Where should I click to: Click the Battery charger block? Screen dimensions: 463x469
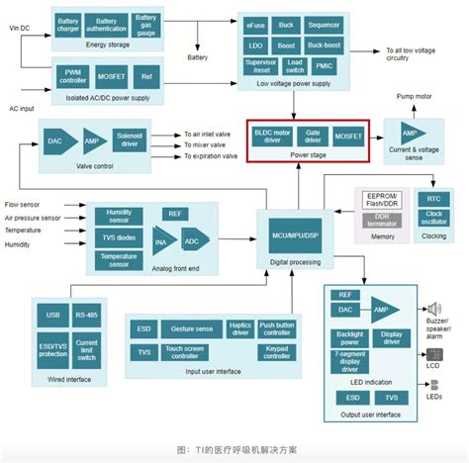68,24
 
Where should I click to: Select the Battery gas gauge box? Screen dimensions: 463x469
145,24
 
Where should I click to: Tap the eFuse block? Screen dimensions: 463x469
257,26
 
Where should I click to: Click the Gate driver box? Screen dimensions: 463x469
314,136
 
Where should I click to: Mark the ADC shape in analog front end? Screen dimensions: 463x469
192,239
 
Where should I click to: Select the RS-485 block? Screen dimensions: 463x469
87,315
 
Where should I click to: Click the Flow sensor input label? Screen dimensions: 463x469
27,205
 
